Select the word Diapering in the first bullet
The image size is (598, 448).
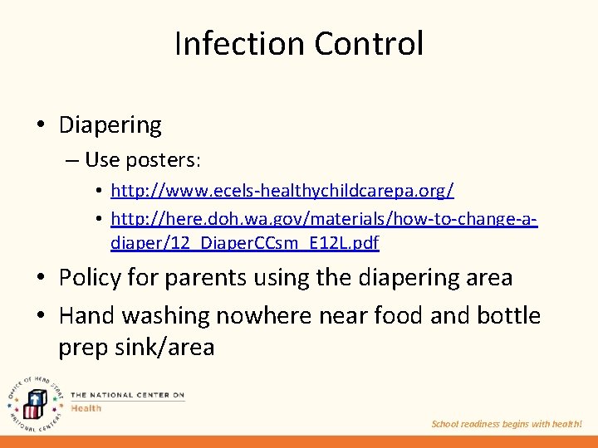[110, 126]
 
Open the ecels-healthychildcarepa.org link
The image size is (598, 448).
[282, 192]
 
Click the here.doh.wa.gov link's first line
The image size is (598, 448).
[324, 220]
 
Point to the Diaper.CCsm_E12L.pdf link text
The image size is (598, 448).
[245, 243]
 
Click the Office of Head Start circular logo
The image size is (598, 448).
[33, 401]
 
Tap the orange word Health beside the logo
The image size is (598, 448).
[86, 408]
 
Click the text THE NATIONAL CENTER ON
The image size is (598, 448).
[127, 396]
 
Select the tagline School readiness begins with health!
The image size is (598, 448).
[507, 424]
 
